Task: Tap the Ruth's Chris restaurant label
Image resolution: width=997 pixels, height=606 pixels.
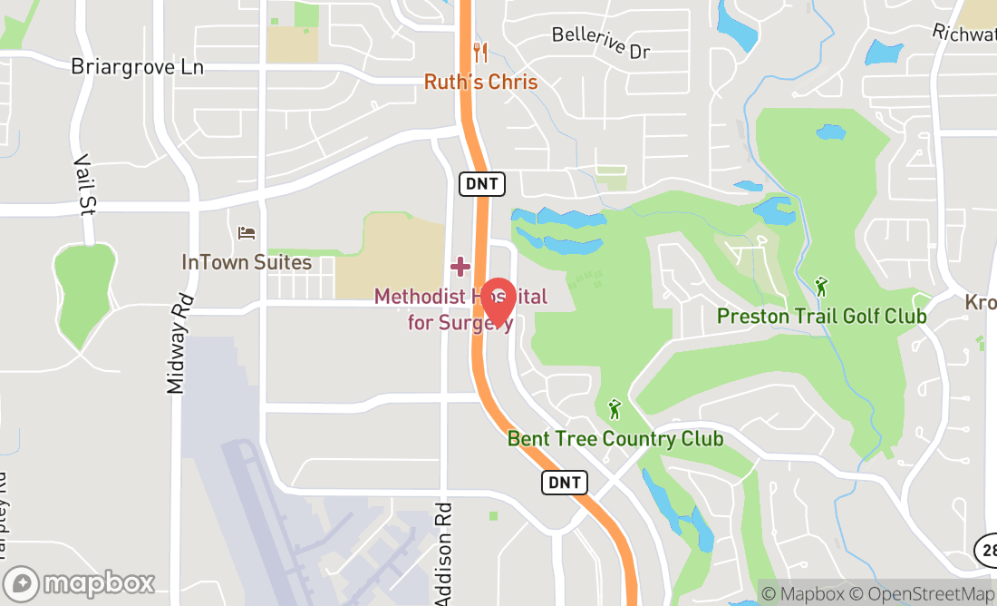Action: pos(480,82)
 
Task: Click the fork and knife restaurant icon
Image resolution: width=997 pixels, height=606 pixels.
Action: pos(480,53)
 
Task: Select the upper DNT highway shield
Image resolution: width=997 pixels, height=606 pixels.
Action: pos(481,183)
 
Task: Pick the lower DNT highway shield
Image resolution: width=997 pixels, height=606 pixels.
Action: pos(564,482)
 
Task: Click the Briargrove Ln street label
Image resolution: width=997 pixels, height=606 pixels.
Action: pos(138,67)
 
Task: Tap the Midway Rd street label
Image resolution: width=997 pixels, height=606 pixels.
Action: pos(179,343)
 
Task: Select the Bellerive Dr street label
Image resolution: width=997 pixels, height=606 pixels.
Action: pos(602,43)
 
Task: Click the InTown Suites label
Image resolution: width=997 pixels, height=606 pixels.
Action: pos(247,262)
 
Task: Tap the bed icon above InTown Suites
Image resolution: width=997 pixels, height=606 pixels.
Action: pos(247,233)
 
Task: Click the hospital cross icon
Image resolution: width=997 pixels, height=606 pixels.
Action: pos(460,267)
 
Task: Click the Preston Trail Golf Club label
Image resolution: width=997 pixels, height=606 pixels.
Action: pos(821,316)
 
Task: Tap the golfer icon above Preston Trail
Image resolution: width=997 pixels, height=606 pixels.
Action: pos(821,287)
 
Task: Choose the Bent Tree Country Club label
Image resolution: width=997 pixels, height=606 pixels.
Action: pos(615,439)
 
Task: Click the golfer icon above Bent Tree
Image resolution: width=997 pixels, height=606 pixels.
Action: pos(615,409)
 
